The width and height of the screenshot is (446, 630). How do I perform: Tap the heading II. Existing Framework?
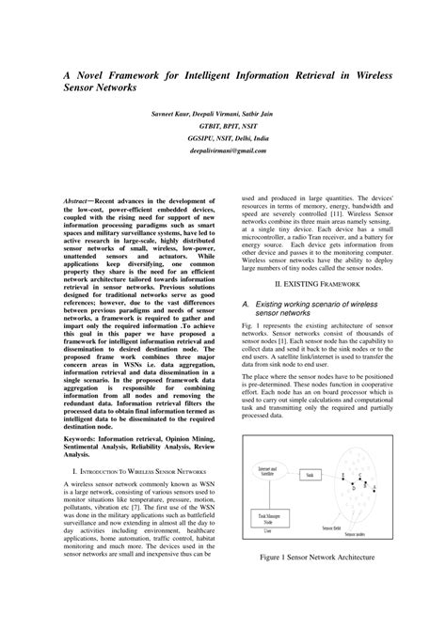point(319,282)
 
